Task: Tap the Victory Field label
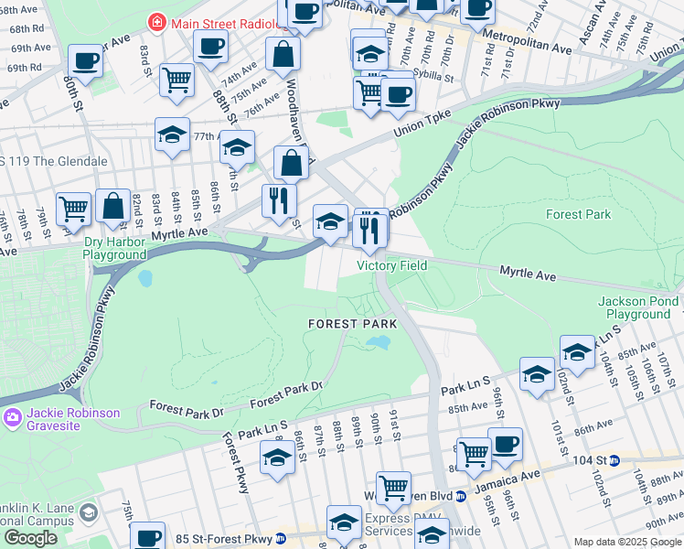(391, 266)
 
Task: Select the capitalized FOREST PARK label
(352, 324)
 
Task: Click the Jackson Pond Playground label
(637, 307)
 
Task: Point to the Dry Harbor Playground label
(114, 249)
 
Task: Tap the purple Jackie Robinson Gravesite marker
(12, 419)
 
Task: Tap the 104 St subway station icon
(615, 460)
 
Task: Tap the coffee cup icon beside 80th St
(86, 60)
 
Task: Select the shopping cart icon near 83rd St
(176, 79)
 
